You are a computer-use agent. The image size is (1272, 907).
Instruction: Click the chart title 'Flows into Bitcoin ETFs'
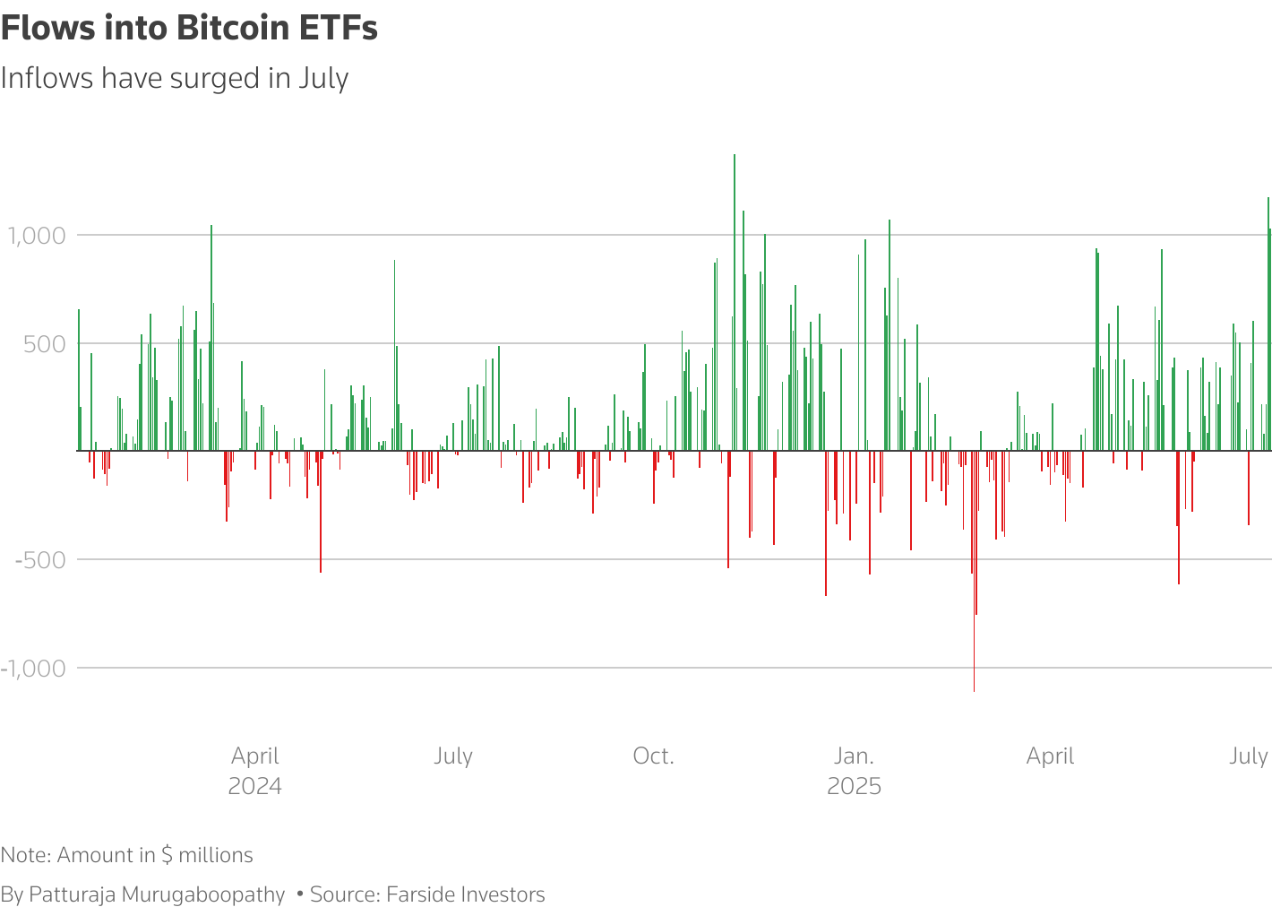(x=189, y=29)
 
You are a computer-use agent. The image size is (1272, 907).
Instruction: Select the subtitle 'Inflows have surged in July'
(x=175, y=79)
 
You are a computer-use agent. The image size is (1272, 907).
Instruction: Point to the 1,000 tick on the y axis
(x=37, y=236)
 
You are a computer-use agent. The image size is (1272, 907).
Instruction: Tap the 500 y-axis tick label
(x=45, y=344)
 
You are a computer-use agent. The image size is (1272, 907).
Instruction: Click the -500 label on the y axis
(x=40, y=560)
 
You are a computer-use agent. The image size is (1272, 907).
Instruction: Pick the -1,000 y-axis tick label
(x=33, y=669)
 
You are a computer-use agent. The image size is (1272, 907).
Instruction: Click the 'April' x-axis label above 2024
(x=255, y=756)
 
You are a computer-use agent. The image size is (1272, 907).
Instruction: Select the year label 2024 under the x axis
(x=255, y=786)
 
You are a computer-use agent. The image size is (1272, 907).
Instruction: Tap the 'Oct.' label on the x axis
(x=653, y=756)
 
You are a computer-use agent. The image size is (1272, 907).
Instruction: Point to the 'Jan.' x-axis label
(x=854, y=756)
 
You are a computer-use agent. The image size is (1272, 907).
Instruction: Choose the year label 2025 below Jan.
(x=854, y=786)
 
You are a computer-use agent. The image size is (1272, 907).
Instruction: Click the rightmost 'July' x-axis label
(x=1248, y=756)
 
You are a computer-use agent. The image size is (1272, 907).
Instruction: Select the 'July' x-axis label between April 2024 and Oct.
(x=453, y=756)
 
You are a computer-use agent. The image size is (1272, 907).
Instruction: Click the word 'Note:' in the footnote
(x=26, y=855)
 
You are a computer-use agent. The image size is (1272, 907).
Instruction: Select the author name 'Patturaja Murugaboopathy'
(x=157, y=894)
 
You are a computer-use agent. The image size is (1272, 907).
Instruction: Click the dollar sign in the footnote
(x=167, y=855)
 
